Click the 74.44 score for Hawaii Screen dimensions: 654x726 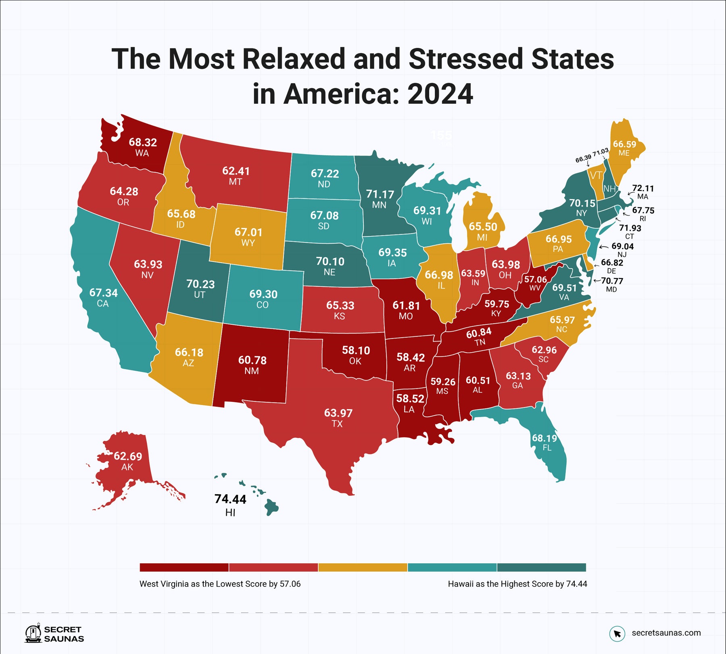click(230, 499)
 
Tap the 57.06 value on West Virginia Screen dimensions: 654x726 click(535, 280)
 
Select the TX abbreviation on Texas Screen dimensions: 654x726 click(337, 424)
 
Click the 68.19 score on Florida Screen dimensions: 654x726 click(544, 438)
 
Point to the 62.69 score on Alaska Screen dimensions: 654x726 click(128, 456)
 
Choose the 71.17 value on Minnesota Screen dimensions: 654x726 click(380, 194)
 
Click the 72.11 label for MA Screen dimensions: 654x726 click(643, 188)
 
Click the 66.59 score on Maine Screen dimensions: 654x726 click(624, 144)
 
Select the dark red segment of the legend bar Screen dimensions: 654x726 click(184, 567)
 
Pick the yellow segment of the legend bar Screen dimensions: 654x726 click(363, 567)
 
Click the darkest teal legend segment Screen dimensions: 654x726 click(541, 567)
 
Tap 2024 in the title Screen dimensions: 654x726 click(440, 94)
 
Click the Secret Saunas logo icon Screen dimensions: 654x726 click(33, 634)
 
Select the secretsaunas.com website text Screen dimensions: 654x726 click(666, 633)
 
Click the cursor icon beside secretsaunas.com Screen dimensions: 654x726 click(617, 633)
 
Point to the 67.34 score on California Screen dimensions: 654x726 click(104, 293)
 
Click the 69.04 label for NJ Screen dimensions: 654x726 click(622, 246)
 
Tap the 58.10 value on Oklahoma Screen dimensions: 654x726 click(356, 350)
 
